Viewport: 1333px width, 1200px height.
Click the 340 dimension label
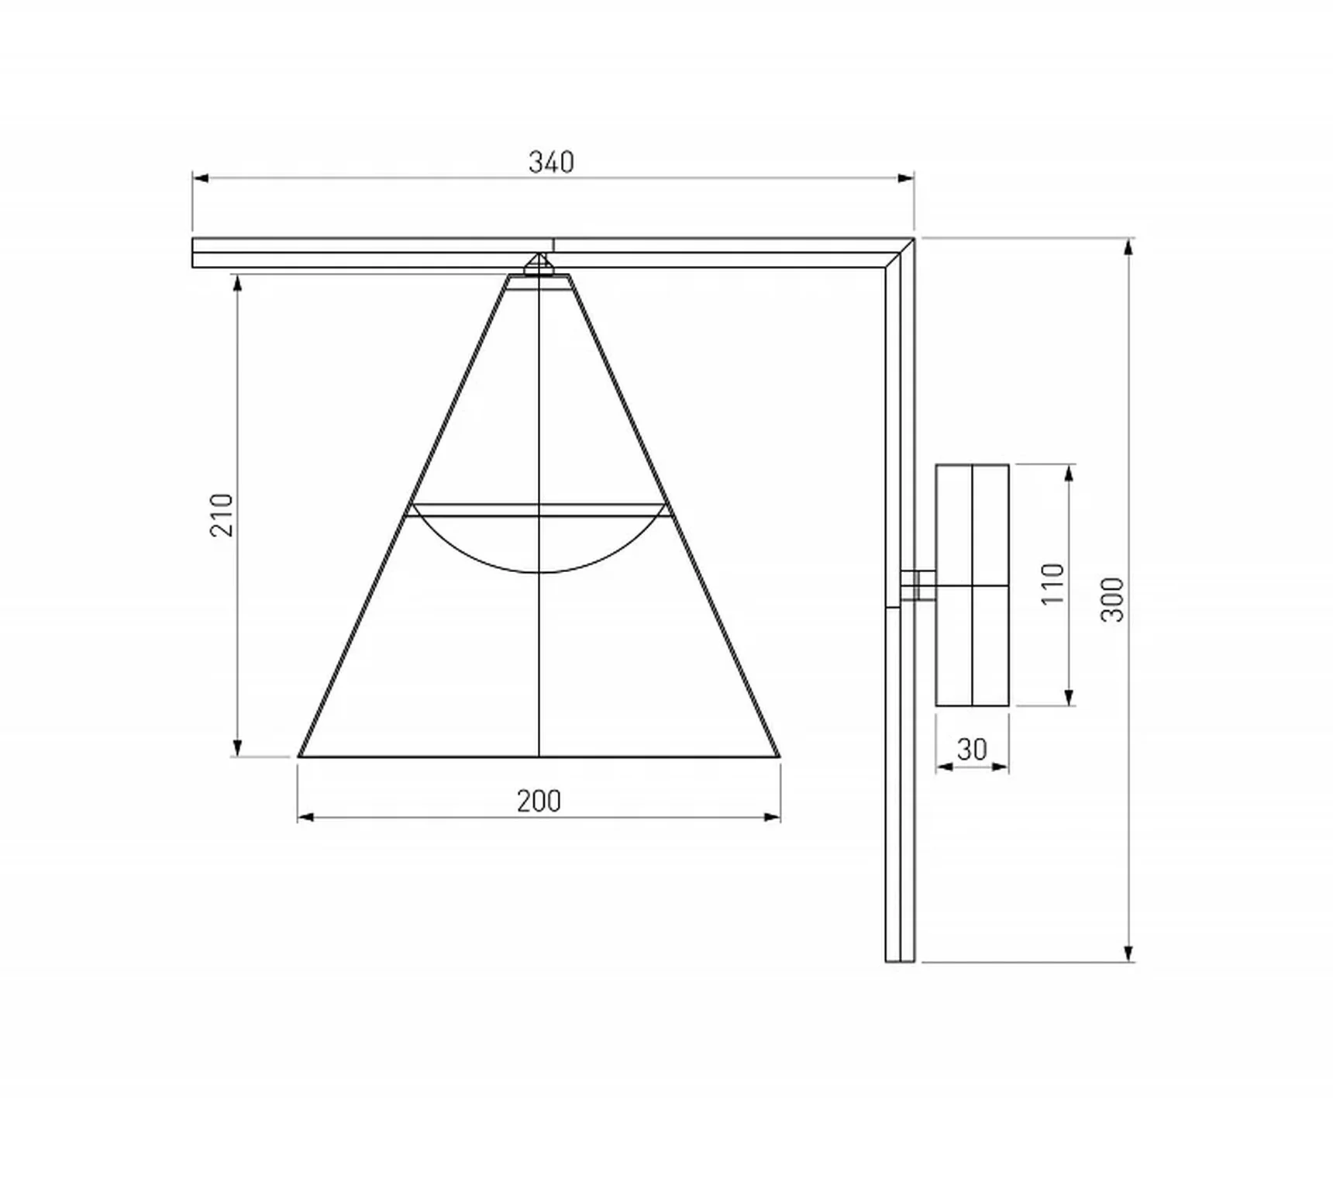(x=551, y=162)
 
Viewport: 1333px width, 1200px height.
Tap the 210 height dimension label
(x=222, y=515)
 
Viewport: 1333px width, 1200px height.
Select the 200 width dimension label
(x=539, y=801)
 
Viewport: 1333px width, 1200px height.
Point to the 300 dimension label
(x=1112, y=599)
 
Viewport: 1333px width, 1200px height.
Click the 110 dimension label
(x=1052, y=584)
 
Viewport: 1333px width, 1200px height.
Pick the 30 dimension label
(x=972, y=750)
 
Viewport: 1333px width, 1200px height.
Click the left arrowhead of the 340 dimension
(x=201, y=178)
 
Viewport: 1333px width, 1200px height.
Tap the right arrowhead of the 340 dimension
(x=905, y=178)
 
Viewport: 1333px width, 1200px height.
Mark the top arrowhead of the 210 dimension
(x=238, y=282)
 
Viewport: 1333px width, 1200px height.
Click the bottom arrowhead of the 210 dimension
(x=238, y=747)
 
